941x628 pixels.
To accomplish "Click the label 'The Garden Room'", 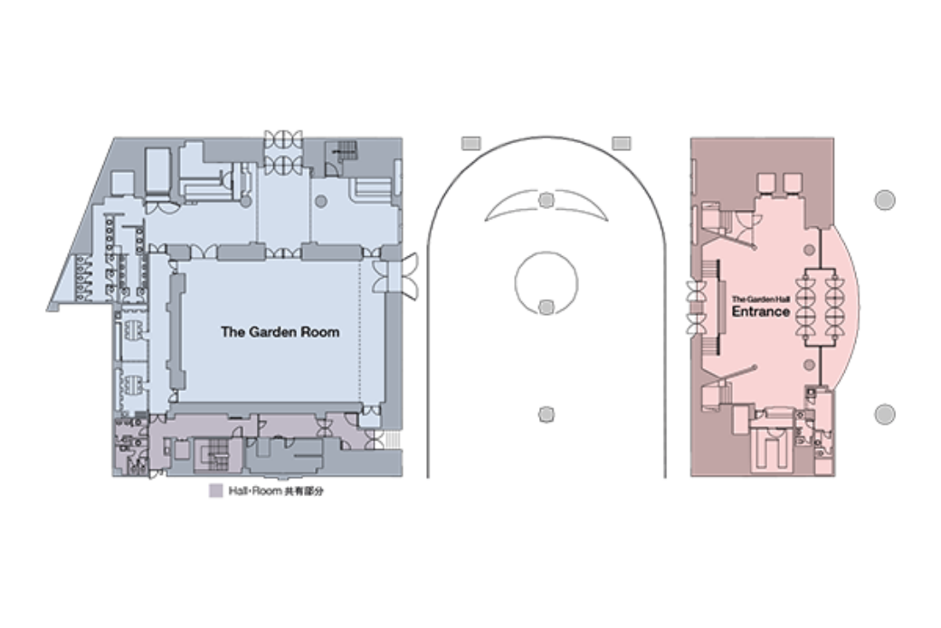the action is click(x=280, y=331).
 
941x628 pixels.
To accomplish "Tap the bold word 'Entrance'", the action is click(x=760, y=311).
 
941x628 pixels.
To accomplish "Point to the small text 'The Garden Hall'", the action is click(x=760, y=299).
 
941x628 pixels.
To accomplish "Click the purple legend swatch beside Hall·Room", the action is click(x=215, y=490).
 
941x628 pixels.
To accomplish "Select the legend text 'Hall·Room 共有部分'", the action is click(x=276, y=490).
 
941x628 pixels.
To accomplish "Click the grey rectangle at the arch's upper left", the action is click(x=471, y=144).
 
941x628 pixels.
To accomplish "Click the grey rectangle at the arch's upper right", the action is click(x=621, y=144).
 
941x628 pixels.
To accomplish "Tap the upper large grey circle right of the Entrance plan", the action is click(x=885, y=200).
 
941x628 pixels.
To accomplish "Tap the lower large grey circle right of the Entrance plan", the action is click(x=885, y=414).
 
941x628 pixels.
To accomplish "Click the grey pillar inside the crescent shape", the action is click(x=546, y=200).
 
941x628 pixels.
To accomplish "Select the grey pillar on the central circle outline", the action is click(x=546, y=308).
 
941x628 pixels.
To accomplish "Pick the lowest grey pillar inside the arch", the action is click(x=546, y=414).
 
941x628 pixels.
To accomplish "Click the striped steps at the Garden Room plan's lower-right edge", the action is click(x=392, y=440).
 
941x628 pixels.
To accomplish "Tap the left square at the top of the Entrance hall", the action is click(x=766, y=182).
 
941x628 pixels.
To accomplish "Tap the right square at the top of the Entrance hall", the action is click(x=793, y=182).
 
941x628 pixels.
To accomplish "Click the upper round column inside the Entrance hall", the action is click(x=809, y=250).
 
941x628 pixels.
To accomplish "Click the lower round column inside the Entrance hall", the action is click(x=809, y=365).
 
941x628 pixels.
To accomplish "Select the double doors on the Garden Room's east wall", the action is click(x=396, y=276).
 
